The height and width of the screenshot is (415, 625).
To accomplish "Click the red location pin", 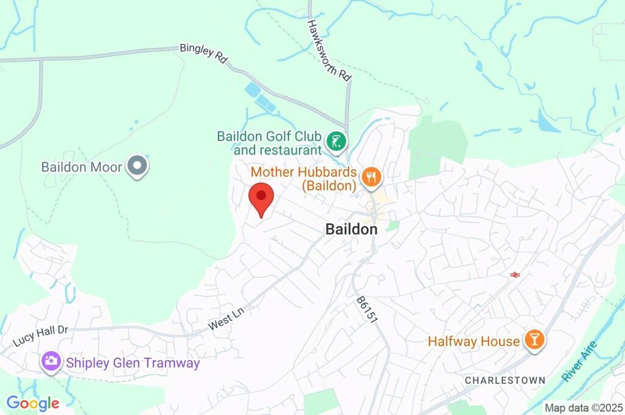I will point(262,198).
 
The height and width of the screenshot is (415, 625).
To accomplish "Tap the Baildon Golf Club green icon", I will point(336,142).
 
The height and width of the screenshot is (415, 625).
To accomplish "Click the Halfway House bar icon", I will point(535,341).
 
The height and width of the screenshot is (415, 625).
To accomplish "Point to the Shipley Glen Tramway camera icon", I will point(51,361).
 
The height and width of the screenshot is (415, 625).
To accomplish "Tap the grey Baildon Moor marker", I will point(137,166).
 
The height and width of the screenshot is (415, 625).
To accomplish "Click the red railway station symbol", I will point(515,275).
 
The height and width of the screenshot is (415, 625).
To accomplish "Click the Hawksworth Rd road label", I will point(330,51).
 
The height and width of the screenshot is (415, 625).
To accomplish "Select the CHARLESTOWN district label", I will point(505,380).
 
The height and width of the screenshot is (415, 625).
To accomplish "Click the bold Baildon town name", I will point(351,229).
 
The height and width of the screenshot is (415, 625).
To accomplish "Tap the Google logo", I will point(33,403).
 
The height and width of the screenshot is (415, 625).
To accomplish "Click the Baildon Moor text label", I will point(82,167).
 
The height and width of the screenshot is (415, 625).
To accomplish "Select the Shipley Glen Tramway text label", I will point(133,363).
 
